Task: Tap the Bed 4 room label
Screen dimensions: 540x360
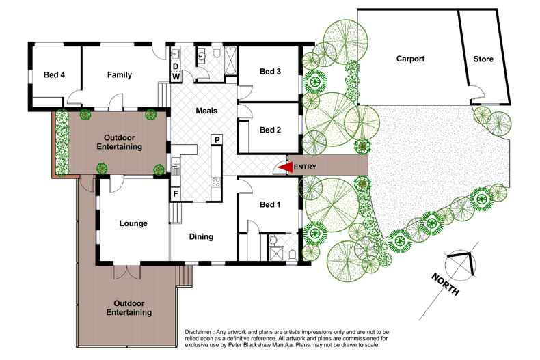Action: point(55,74)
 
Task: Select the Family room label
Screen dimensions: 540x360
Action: point(120,74)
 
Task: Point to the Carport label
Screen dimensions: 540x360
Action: point(410,59)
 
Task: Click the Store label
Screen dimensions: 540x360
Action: point(483,59)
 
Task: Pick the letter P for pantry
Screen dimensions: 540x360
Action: point(217,140)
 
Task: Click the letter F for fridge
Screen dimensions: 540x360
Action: point(176,194)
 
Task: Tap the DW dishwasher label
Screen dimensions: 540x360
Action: point(176,71)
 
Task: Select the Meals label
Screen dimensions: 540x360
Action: point(206,111)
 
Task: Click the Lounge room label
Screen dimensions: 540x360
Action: point(133,223)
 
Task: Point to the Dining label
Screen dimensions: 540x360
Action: point(201,237)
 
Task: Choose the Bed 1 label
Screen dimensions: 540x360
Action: point(270,204)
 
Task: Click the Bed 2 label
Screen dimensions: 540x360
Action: point(270,130)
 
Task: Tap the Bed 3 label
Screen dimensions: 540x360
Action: point(270,72)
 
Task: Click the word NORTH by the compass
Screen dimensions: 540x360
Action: point(445,285)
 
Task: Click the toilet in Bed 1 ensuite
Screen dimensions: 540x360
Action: point(293,255)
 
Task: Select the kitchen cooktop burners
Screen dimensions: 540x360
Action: point(216,182)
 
